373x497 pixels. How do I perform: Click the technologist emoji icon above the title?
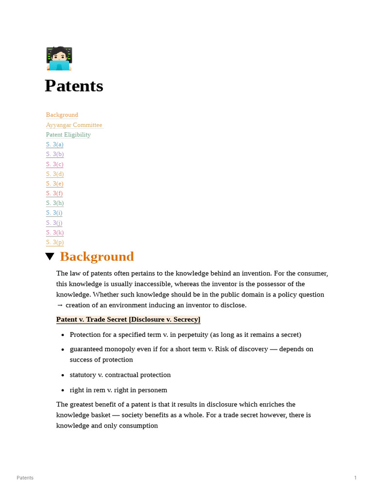click(59, 59)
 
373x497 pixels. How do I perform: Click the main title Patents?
click(74, 86)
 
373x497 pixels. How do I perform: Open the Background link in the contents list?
click(62, 115)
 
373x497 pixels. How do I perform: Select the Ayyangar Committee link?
click(74, 125)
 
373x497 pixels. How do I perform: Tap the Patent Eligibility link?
click(68, 134)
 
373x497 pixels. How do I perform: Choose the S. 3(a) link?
click(54, 144)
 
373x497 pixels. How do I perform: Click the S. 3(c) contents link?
click(54, 164)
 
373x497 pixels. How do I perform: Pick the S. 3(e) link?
click(54, 183)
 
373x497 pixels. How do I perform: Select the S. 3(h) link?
click(54, 203)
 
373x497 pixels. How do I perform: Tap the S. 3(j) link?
click(54, 223)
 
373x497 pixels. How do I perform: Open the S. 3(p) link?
click(54, 242)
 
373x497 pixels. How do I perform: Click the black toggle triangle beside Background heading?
click(50, 257)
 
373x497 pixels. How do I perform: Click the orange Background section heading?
click(97, 257)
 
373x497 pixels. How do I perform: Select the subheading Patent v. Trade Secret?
click(128, 319)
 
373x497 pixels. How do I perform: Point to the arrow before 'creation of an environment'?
click(60, 305)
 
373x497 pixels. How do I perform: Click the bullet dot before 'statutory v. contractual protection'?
click(63, 375)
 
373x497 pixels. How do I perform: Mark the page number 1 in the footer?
click(355, 478)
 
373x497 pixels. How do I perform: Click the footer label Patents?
click(25, 478)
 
